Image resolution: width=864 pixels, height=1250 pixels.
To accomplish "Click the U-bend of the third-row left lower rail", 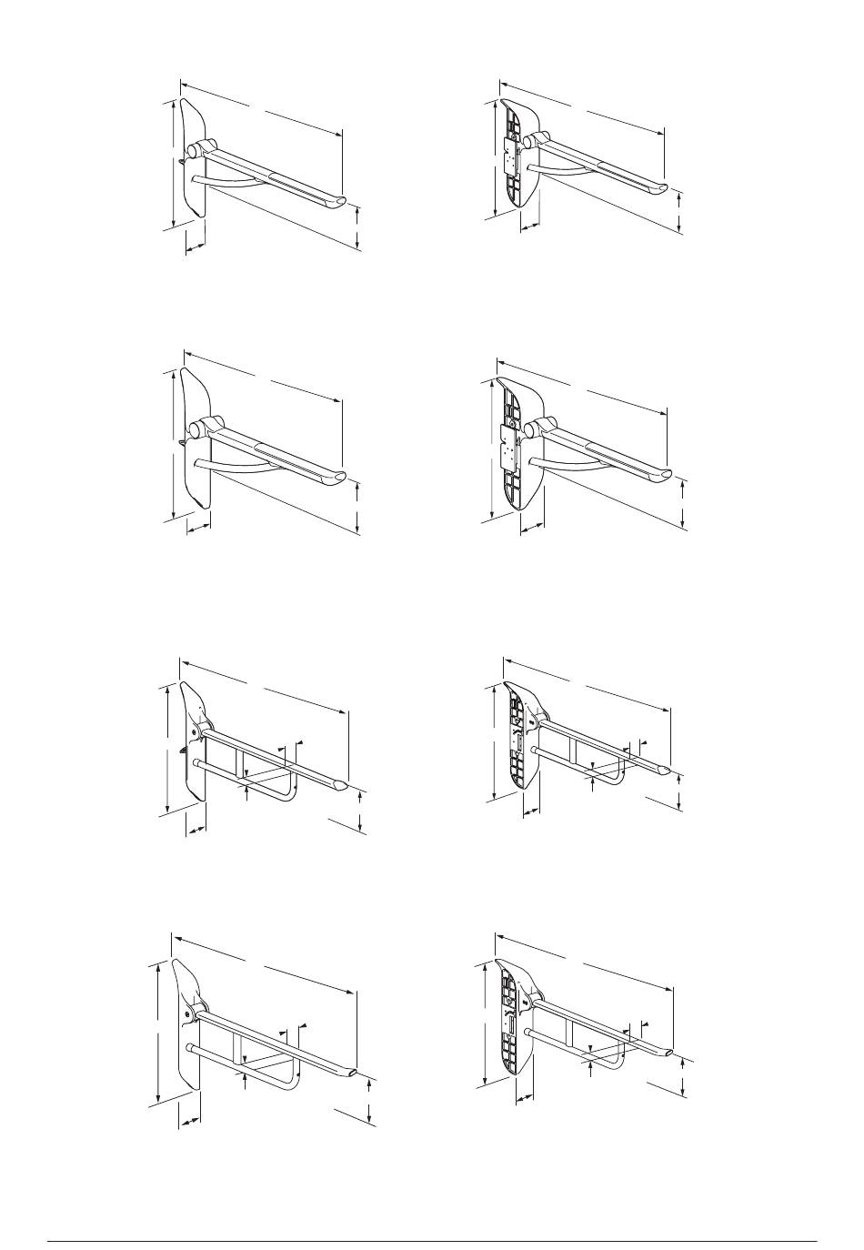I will (x=289, y=793).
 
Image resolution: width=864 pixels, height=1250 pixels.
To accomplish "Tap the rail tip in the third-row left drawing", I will (x=340, y=782).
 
